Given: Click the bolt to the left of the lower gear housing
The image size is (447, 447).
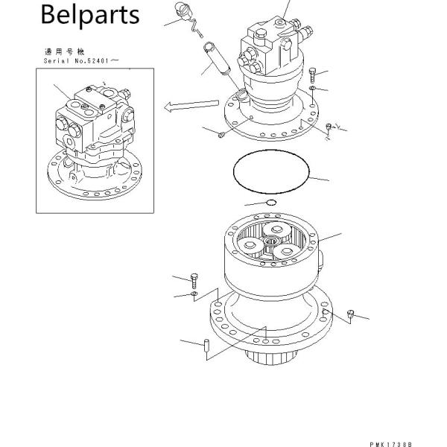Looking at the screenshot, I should click(x=195, y=280).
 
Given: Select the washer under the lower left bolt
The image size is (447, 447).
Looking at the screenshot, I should click(x=194, y=296).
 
